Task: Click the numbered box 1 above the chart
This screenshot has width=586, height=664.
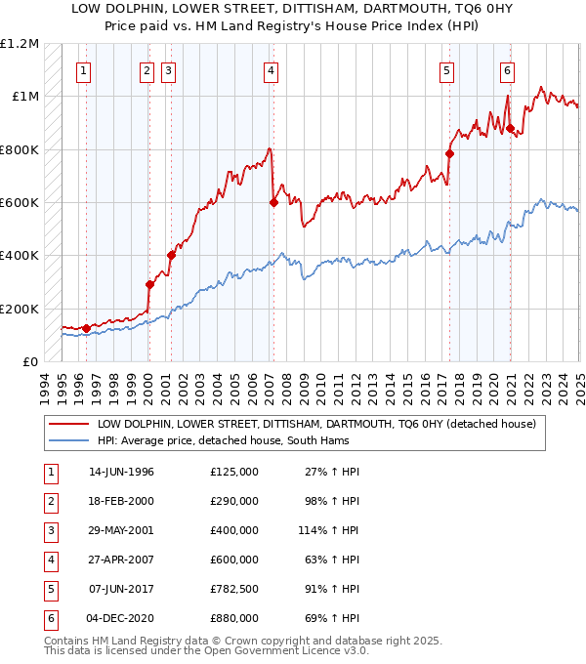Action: pyautogui.click(x=84, y=70)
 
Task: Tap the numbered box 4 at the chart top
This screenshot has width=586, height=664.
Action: pyautogui.click(x=269, y=70)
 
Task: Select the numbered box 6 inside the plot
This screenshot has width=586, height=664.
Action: pyautogui.click(x=508, y=70)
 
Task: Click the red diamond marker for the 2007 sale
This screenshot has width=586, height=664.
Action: pyautogui.click(x=273, y=203)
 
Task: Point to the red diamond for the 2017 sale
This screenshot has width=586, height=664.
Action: pyautogui.click(x=449, y=153)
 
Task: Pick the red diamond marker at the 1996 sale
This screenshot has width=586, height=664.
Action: pyautogui.click(x=86, y=329)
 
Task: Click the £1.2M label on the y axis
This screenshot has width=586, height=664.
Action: pyautogui.click(x=20, y=44)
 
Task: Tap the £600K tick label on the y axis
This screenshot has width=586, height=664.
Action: pyautogui.click(x=20, y=203)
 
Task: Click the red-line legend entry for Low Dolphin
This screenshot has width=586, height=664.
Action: pyautogui.click(x=315, y=425)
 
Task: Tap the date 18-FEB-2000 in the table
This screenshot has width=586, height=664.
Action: pyautogui.click(x=121, y=501)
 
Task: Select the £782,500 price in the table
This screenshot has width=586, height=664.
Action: pyautogui.click(x=234, y=589)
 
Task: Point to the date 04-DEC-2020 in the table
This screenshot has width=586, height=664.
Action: pyautogui.click(x=121, y=618)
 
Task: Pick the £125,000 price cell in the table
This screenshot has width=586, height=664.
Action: pyautogui.click(x=234, y=472)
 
